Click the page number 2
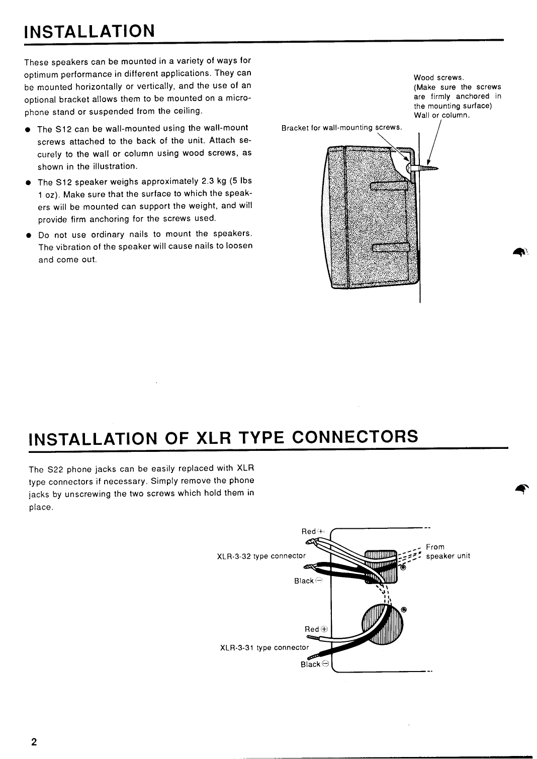[33, 742]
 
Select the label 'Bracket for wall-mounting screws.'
[342, 128]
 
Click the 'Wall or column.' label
[441, 116]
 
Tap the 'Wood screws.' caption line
[438, 78]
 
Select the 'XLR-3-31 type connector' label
[264, 647]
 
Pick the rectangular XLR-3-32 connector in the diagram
[381, 565]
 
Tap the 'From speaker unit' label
[447, 551]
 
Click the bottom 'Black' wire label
[311, 664]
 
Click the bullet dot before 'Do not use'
[29, 235]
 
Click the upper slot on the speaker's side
[390, 187]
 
